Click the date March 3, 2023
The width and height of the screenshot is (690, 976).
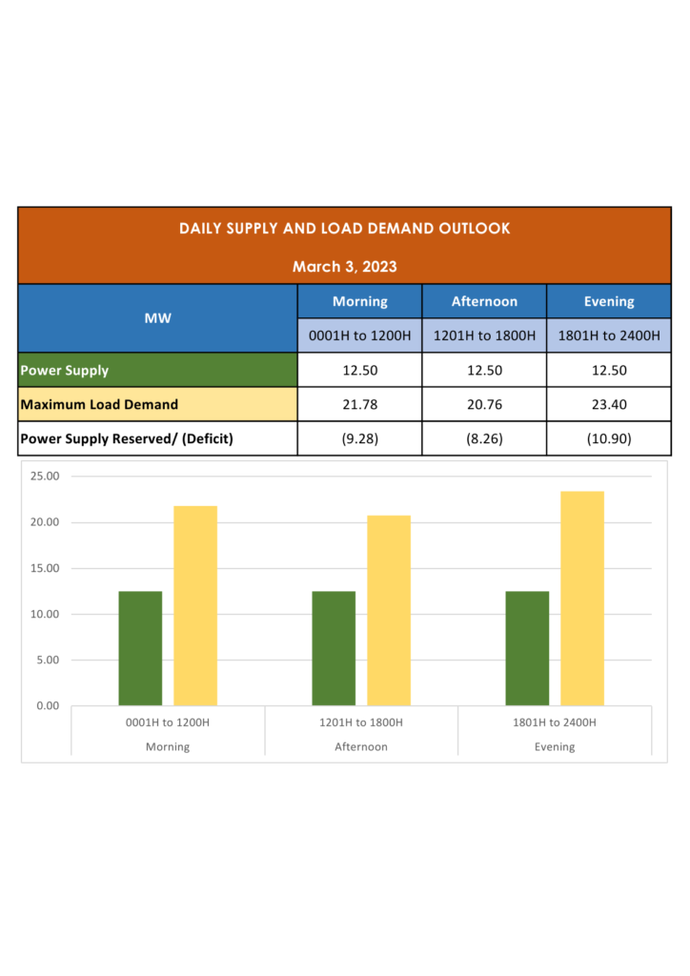[x=344, y=266]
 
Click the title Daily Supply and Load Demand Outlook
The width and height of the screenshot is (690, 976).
[x=344, y=229]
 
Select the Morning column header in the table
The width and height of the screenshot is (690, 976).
[x=359, y=301]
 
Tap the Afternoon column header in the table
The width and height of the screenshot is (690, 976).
[x=484, y=301]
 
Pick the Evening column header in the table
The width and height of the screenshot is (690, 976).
[x=608, y=301]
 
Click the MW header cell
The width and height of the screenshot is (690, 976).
[x=158, y=318]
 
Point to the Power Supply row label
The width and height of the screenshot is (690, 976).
[x=65, y=370]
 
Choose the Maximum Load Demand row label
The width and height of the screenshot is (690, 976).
[x=99, y=404]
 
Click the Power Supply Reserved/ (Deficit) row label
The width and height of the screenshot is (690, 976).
[x=127, y=438]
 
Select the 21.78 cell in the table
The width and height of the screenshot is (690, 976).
[x=359, y=404]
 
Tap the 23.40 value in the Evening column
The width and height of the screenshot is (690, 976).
[x=608, y=404]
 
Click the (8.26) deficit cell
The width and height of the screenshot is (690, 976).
[x=484, y=438]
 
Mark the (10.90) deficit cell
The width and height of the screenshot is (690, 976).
[x=608, y=438]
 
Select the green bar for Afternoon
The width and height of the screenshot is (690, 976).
[x=334, y=648]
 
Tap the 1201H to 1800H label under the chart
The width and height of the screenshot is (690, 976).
[x=361, y=722]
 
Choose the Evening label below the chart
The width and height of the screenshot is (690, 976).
[x=555, y=746]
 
